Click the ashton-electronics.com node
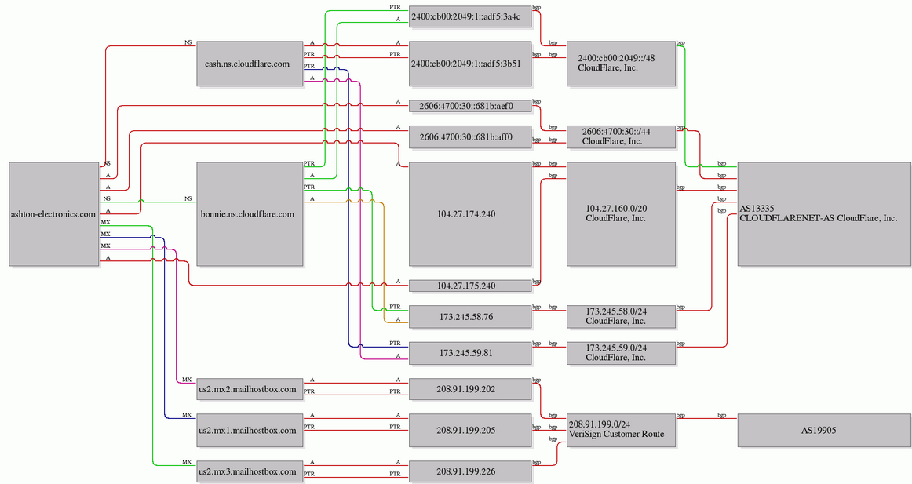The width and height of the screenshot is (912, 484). [x=54, y=214]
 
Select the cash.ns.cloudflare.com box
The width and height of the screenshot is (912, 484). [x=250, y=64]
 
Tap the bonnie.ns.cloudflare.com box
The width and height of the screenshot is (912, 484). [x=250, y=214]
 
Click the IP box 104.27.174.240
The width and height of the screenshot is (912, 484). [x=470, y=214]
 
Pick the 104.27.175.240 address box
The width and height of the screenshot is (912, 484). [x=470, y=286]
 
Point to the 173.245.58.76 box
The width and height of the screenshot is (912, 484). [x=470, y=317]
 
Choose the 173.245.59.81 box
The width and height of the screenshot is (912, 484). [x=470, y=353]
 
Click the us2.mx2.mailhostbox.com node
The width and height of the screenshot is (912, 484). [x=250, y=389]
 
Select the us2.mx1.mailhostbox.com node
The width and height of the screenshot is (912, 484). [x=250, y=431]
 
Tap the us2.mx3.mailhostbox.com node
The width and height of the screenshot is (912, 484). [x=250, y=471]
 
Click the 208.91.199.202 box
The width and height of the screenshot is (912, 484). [x=470, y=389]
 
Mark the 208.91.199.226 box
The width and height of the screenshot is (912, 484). [x=470, y=471]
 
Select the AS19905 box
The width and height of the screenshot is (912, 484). [x=824, y=431]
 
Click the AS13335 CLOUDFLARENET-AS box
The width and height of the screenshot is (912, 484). [x=824, y=214]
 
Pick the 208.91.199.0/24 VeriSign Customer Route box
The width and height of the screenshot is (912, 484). [x=621, y=431]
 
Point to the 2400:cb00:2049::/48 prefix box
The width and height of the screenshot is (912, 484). [x=621, y=64]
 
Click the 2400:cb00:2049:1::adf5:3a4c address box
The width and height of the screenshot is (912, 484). [x=470, y=16]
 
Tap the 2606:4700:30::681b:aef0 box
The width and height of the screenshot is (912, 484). [x=470, y=106]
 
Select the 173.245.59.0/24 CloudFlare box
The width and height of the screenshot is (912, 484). [x=621, y=353]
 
